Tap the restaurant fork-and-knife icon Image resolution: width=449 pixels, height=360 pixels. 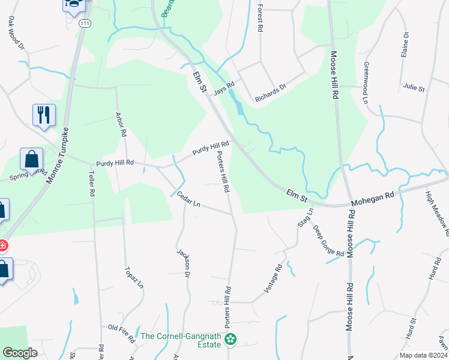pyautogui.click(x=44, y=115)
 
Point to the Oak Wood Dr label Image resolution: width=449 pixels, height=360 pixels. pyautogui.click(x=16, y=32)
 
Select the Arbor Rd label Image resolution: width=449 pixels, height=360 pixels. pyautogui.click(x=121, y=123)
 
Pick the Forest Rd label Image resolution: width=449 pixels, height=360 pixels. pyautogui.click(x=259, y=19)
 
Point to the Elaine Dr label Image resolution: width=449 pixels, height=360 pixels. pyautogui.click(x=405, y=44)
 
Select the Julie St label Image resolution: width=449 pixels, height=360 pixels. pyautogui.click(x=414, y=88)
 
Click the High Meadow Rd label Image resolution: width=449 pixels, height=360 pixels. pyautogui.click(x=437, y=212)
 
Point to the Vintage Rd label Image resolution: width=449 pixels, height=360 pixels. pyautogui.click(x=273, y=280)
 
